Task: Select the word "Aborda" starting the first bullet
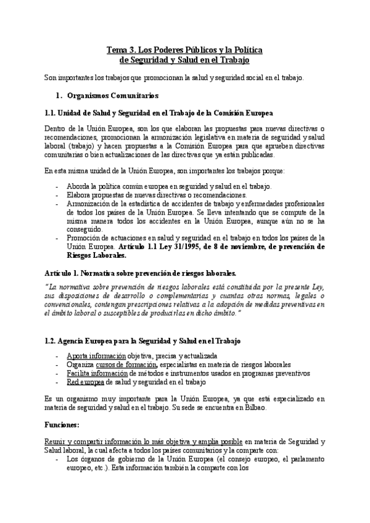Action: tap(77, 186)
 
